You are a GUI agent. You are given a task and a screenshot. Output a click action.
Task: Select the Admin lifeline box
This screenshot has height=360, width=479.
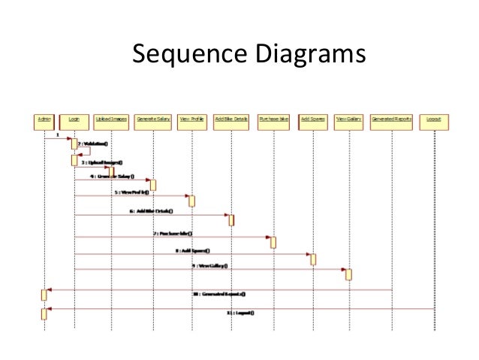point(44,119)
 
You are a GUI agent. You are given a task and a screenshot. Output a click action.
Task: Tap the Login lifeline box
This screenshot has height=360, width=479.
point(74,119)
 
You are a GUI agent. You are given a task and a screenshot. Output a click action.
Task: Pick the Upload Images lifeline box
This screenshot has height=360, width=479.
point(112,119)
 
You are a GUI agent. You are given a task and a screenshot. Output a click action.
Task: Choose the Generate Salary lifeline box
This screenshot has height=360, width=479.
point(152,119)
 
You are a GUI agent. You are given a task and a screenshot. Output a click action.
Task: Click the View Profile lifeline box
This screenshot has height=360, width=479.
point(191,119)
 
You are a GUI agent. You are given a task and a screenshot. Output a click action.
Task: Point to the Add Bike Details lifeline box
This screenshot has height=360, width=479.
point(231,119)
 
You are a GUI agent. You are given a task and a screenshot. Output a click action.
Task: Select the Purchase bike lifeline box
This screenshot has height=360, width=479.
point(273,119)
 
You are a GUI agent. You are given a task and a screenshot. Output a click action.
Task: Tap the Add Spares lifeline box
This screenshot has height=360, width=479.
point(313,119)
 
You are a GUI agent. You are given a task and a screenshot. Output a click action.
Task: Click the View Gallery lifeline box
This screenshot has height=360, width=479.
point(348,119)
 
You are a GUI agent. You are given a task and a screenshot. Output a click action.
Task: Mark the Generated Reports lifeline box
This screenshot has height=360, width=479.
point(392,119)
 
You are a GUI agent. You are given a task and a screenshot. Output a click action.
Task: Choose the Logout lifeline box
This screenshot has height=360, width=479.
point(433,119)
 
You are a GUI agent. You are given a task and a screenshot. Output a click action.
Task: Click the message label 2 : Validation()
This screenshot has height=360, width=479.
point(95,144)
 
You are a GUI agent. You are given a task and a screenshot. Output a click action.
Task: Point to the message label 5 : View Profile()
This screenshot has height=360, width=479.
point(134,192)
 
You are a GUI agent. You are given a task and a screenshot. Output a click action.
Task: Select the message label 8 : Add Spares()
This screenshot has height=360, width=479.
point(193,250)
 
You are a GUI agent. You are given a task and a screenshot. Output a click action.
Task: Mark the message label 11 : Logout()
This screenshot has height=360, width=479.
point(240,312)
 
